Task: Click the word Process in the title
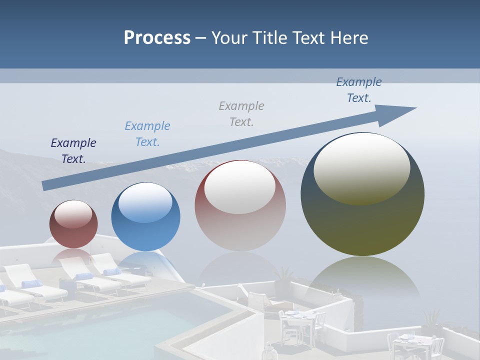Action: [157, 38]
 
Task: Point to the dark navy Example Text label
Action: [73, 151]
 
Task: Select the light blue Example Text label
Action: [147, 134]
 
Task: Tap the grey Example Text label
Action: [241, 114]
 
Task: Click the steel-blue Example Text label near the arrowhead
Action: [359, 90]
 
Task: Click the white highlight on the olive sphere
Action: [361, 167]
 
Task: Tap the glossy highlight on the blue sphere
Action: [145, 202]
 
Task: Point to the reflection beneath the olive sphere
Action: [362, 280]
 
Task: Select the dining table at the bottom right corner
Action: [410, 342]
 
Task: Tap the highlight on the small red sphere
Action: [73, 214]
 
